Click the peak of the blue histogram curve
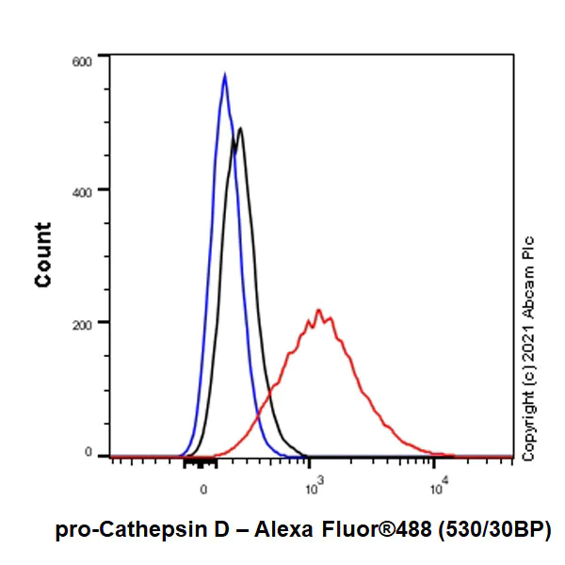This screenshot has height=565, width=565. point(224,73)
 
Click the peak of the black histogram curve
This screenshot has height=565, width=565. point(241,129)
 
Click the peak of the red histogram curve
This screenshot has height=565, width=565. point(318,310)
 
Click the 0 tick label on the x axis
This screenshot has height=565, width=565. point(203,489)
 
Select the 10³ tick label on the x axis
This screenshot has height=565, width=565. point(314,488)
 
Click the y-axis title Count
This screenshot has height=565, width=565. point(43,255)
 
